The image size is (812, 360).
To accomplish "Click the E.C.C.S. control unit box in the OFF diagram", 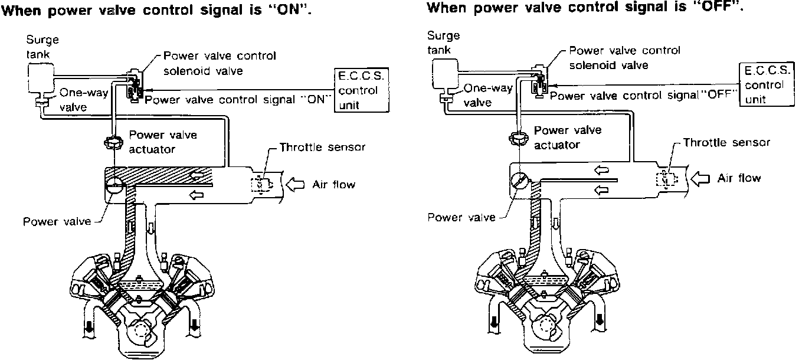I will tap(765, 84).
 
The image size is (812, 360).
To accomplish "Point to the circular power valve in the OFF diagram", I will tap(518, 180).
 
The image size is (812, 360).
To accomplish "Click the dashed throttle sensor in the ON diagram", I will tap(261, 184).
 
